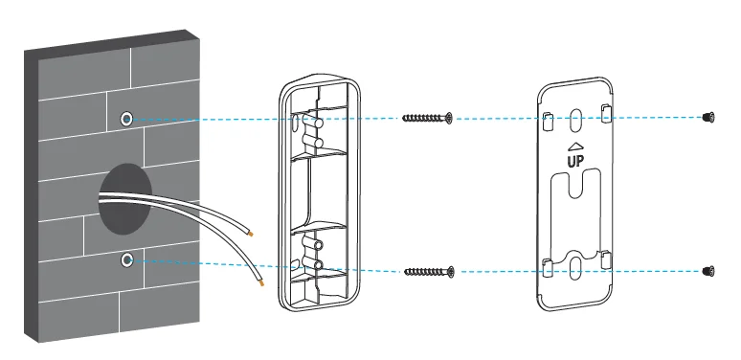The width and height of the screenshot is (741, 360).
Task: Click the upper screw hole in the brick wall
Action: point(126,118)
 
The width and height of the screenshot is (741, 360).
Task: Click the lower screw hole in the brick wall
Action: point(126,260)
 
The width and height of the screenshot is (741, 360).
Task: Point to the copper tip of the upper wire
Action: point(250,232)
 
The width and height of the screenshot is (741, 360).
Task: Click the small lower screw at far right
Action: point(708,271)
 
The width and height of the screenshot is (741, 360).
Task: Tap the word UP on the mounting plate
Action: point(575,161)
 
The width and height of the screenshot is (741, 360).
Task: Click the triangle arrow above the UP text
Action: point(575,146)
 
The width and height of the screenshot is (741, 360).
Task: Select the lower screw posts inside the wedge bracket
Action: point(308,257)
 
